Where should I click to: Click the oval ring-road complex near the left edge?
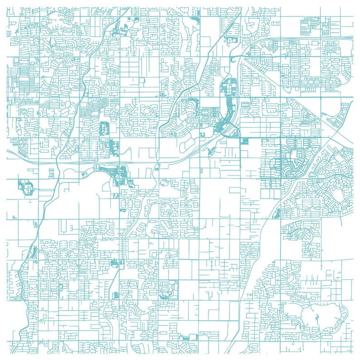pos(25,186)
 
